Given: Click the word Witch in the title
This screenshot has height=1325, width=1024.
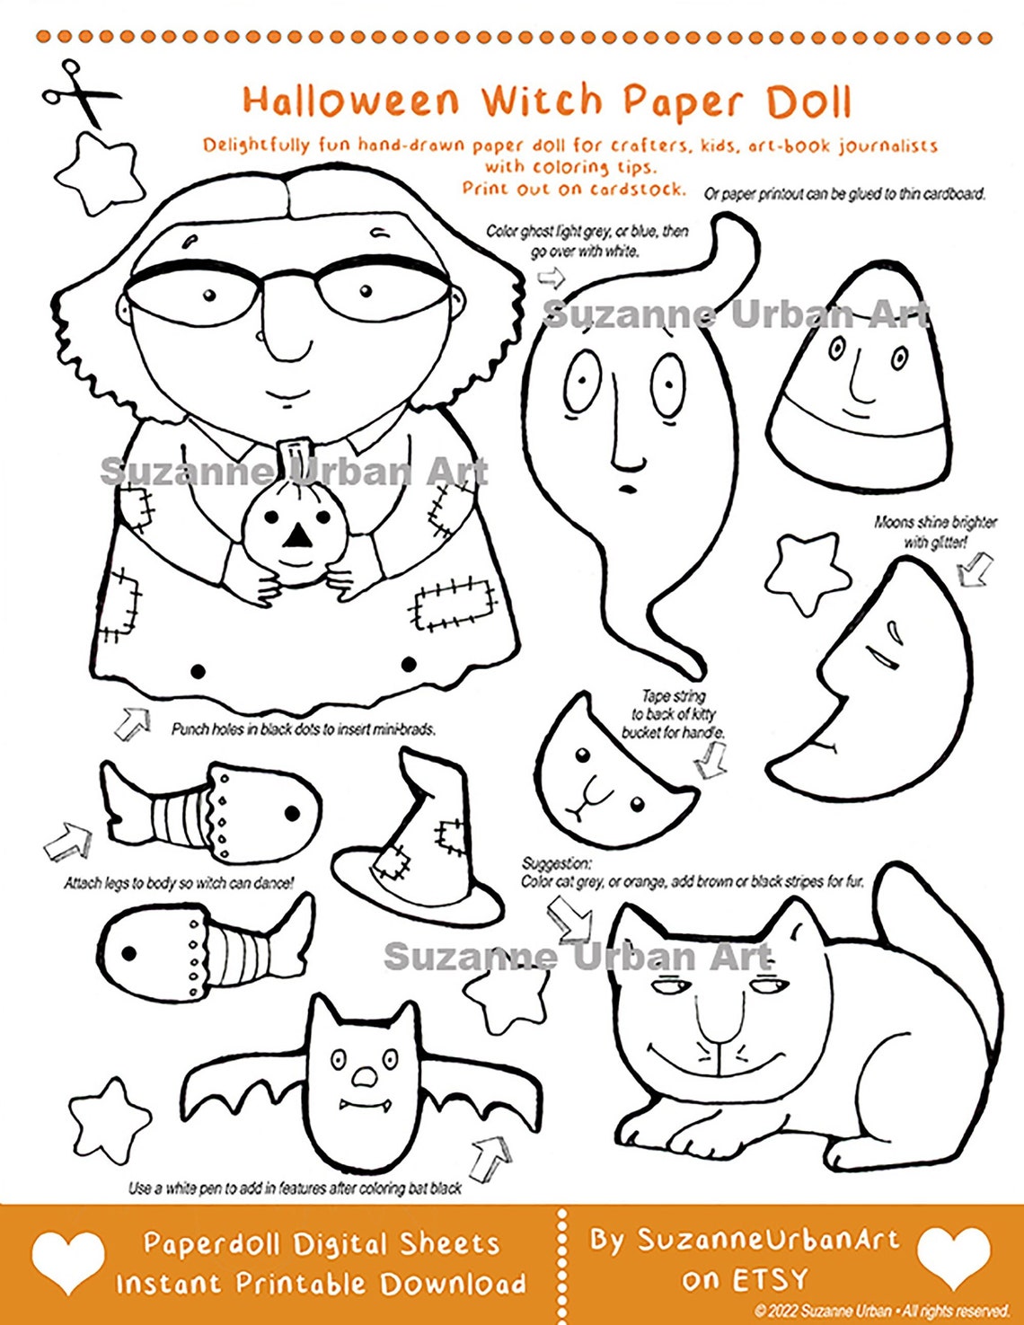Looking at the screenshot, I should (542, 101).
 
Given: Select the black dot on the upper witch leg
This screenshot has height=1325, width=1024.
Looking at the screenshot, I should (292, 814).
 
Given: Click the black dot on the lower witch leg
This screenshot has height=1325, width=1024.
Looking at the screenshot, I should (128, 952).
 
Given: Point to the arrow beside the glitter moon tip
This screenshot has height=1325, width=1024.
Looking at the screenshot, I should (974, 569).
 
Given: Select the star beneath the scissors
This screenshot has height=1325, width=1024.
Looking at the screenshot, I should (98, 173).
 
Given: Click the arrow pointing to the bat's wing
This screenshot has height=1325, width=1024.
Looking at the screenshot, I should (490, 1157).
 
